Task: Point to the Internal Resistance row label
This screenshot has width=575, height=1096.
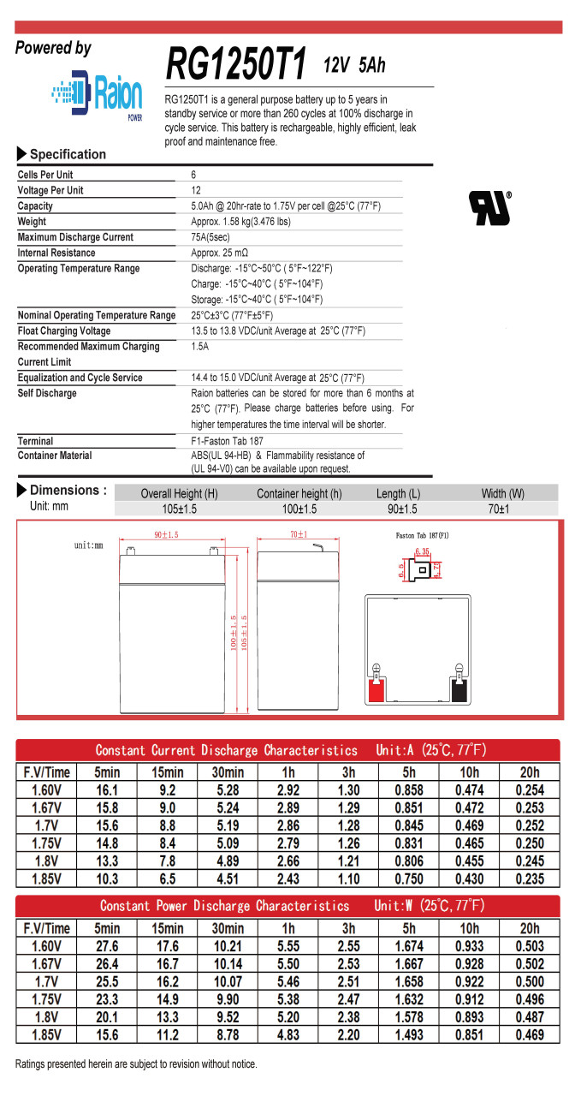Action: point(56,253)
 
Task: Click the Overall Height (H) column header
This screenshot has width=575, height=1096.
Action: point(179,494)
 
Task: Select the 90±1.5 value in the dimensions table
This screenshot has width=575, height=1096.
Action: point(397,509)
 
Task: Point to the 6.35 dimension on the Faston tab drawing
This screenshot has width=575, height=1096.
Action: point(422,552)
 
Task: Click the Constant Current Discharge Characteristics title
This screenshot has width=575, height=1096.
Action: point(226,751)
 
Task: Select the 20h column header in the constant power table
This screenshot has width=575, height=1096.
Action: point(530,928)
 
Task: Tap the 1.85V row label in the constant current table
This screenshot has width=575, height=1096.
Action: point(46,879)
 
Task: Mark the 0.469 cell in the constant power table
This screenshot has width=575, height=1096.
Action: point(530,1035)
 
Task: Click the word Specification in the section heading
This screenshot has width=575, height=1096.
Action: point(68,154)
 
